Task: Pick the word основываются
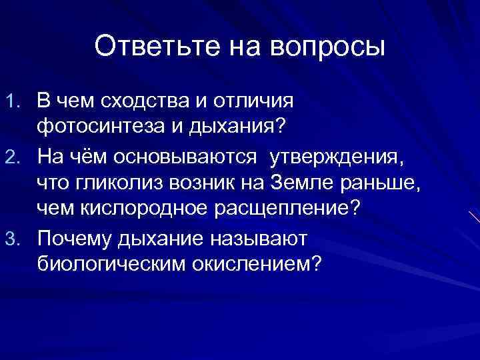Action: pyautogui.click(x=185, y=156)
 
